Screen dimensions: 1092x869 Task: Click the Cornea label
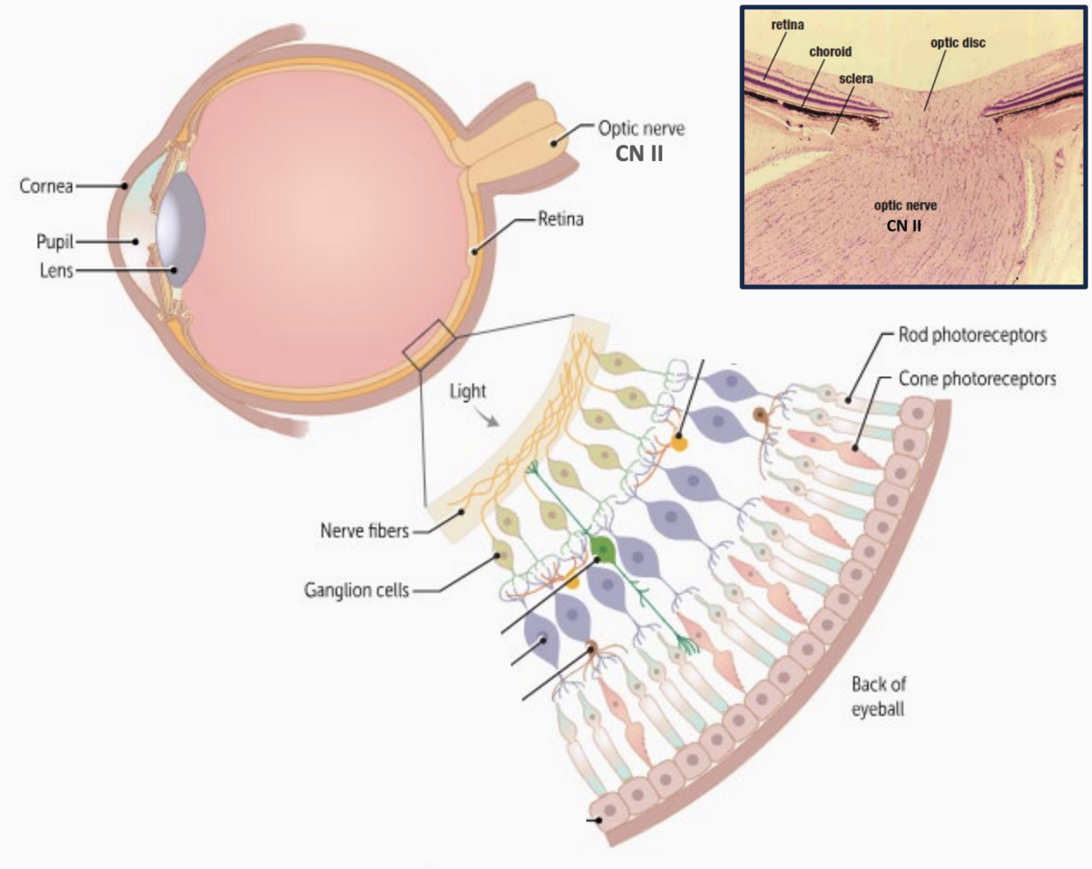point(46,187)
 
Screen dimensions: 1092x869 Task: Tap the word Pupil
point(54,242)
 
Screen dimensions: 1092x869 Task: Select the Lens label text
point(56,271)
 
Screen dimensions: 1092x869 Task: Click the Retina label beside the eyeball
point(560,219)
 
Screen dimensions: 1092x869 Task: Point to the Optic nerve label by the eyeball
point(641,128)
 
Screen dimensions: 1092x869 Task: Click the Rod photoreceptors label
point(972,335)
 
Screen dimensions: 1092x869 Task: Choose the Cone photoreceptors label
point(977,379)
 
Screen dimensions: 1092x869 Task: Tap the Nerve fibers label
point(364,531)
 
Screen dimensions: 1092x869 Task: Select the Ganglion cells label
point(356,590)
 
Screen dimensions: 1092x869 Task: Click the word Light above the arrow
point(467,391)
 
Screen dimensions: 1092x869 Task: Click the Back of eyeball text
point(878,696)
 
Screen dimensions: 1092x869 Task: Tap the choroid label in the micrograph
point(830,52)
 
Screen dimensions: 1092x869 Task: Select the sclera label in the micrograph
point(855,79)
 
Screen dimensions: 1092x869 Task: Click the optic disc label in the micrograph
point(958,43)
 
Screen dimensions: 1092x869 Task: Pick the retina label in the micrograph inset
point(787,25)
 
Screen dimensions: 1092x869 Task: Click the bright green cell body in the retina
point(602,547)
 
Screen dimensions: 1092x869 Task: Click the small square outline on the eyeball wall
point(428,344)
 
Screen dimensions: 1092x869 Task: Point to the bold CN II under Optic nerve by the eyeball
point(639,153)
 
